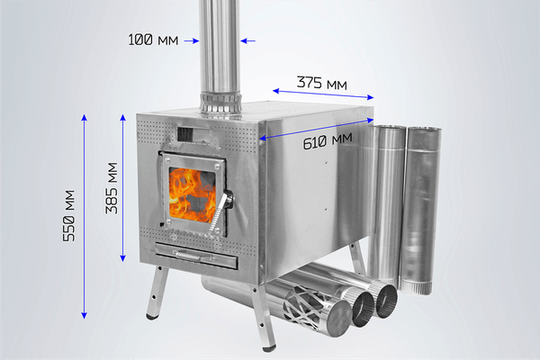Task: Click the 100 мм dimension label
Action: pyautogui.click(x=152, y=40)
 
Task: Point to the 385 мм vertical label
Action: pyautogui.click(x=112, y=187)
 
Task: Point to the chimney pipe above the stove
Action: pyautogui.click(x=219, y=40)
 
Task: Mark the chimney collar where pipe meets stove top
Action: pyautogui.click(x=220, y=103)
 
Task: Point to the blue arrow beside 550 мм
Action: pyautogui.click(x=85, y=216)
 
